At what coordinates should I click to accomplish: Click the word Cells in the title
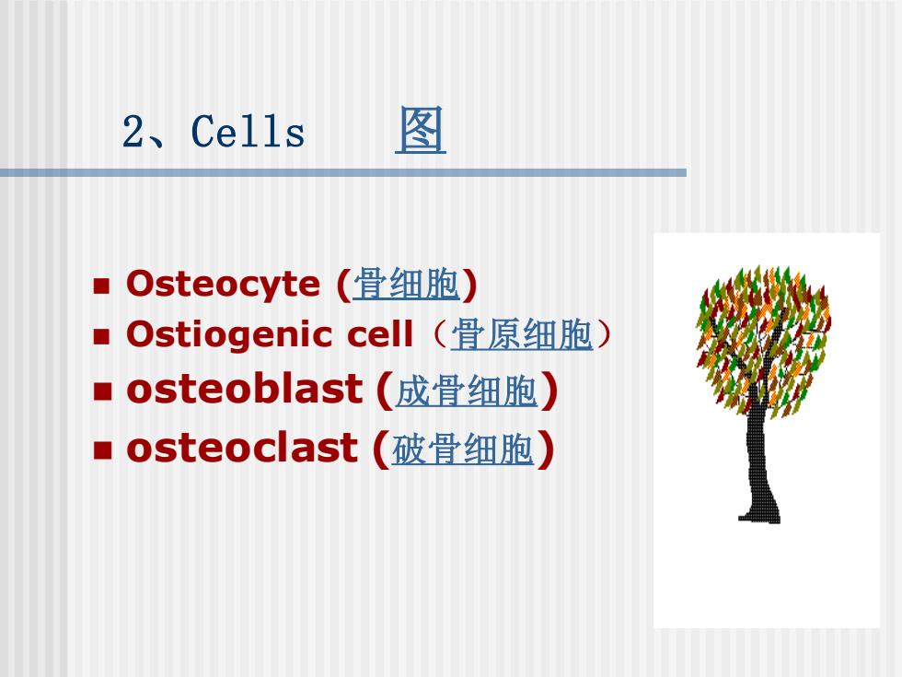[248, 131]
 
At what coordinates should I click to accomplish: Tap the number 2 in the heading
[133, 131]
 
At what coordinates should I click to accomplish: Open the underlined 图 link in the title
[421, 130]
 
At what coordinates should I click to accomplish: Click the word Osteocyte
[223, 284]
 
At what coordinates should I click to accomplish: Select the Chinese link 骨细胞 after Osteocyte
[406, 284]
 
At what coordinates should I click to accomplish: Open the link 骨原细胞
[522, 334]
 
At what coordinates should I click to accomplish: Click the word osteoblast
[245, 389]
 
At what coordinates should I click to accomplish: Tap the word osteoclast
[243, 448]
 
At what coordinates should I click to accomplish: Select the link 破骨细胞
[462, 449]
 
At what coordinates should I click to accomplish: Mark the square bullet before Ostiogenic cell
[102, 336]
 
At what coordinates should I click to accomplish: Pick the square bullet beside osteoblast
[102, 391]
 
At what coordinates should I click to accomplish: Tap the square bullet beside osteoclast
[102, 450]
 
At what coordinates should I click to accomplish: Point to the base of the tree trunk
[759, 517]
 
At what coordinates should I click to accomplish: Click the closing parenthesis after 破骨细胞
[545, 449]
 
